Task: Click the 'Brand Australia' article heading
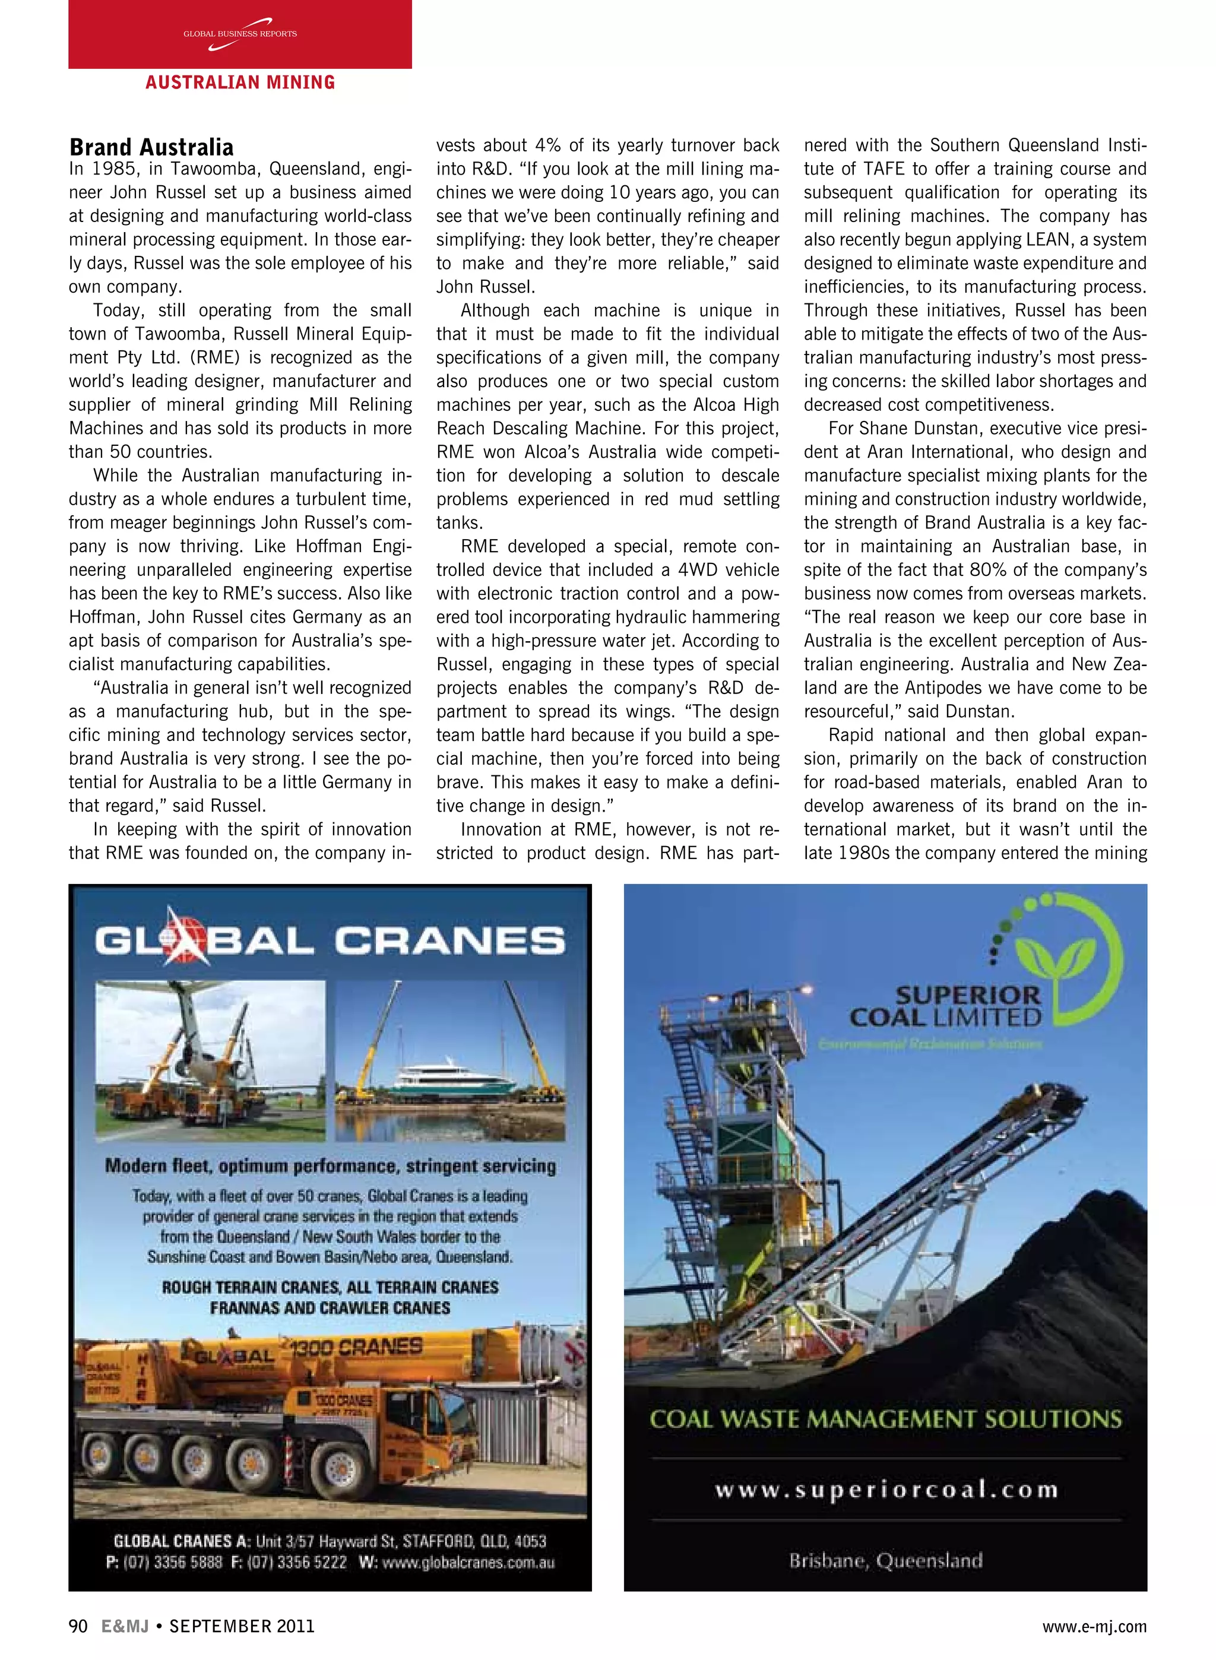151,147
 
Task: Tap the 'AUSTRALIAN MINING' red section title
240,83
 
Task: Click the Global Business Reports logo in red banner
240,34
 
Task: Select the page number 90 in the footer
78,1626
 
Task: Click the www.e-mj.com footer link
1094,1627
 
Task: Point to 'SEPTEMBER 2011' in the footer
242,1626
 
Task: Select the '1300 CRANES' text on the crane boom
356,1347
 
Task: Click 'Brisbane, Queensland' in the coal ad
885,1559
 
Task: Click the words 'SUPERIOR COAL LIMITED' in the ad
946,1006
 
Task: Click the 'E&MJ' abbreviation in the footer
125,1626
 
